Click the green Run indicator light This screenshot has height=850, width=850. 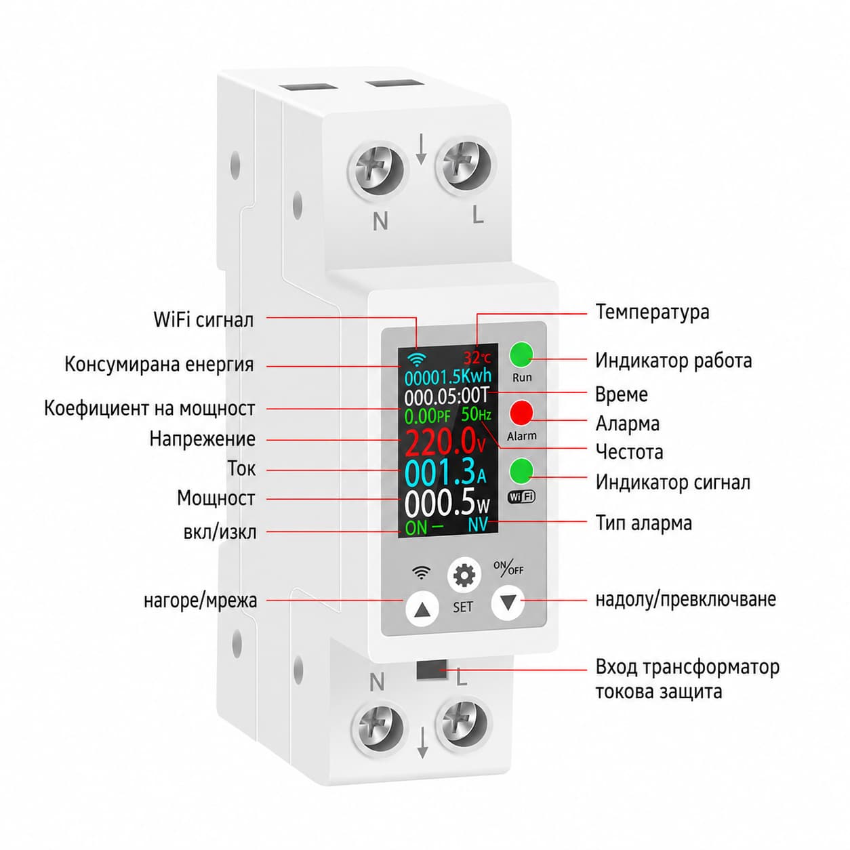coord(522,355)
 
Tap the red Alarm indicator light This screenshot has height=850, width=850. coord(521,412)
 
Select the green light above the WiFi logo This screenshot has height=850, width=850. coord(521,470)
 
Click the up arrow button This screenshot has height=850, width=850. coord(422,609)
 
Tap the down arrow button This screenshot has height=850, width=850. coord(508,602)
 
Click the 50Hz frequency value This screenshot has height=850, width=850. coord(476,414)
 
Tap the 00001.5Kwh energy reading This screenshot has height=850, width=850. coord(448,377)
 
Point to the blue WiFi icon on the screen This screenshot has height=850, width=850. coord(416,359)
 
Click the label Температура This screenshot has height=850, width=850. coord(652,312)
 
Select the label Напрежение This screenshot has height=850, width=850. coord(202,439)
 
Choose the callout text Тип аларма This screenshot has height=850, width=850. coord(643,523)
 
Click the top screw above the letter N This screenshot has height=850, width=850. coord(376,169)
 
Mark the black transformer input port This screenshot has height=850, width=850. coord(431,670)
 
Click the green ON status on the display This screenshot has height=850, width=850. coord(416,527)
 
